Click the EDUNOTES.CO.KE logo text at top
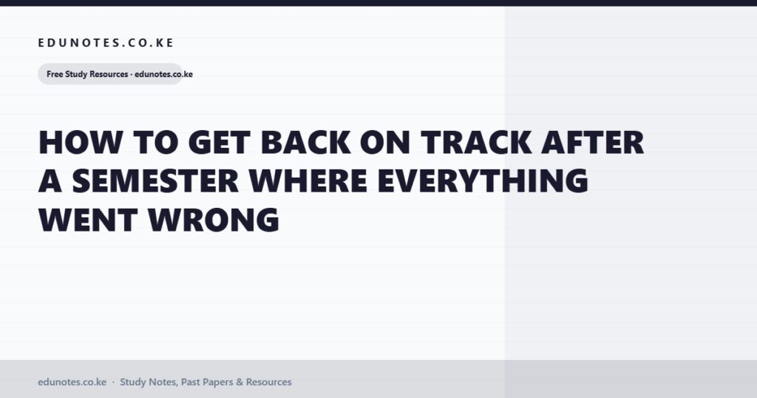coord(106,42)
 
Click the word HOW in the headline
coord(81,143)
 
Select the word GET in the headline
coord(220,143)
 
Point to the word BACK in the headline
coord(306,143)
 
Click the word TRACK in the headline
coord(476,143)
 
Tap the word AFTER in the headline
coord(593,143)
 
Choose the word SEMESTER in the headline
coord(155,181)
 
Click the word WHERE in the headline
coord(308,181)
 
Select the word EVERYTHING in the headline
coord(483,181)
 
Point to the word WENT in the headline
coord(88,220)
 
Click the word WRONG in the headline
coord(214,220)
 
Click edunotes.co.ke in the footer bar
coord(72,382)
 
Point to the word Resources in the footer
coord(269,382)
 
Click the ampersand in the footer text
coord(240,382)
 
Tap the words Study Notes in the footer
coord(149,382)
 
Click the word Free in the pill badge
coord(55,75)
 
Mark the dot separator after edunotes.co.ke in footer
coord(113,382)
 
